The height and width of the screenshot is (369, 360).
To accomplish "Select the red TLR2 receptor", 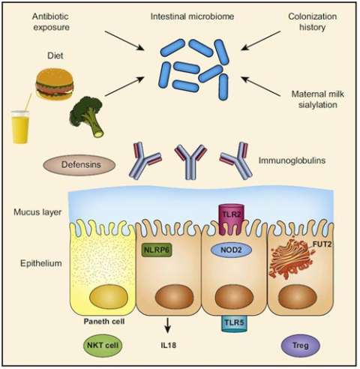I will pyautogui.click(x=229, y=214).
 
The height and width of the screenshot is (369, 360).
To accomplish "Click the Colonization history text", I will pyautogui.click(x=313, y=22).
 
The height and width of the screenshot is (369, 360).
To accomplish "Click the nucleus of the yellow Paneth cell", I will pyautogui.click(x=106, y=298).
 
